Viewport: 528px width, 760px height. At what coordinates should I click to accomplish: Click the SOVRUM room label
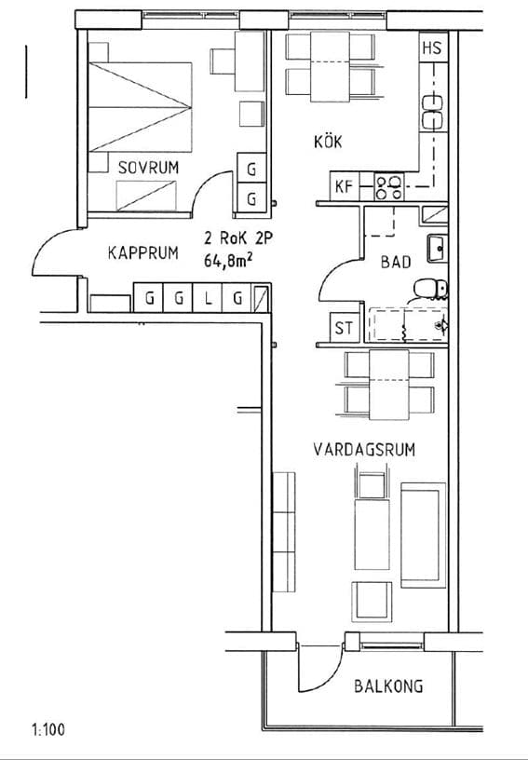click(x=148, y=167)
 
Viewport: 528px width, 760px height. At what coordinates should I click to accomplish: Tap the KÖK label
click(x=327, y=142)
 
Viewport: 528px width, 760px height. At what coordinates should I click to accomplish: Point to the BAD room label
click(x=396, y=263)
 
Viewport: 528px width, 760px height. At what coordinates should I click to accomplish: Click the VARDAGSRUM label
click(x=363, y=450)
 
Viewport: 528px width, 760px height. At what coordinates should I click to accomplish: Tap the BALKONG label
click(x=388, y=686)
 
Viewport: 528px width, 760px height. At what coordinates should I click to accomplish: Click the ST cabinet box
click(x=345, y=328)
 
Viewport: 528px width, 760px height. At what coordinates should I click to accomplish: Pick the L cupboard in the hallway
click(x=208, y=299)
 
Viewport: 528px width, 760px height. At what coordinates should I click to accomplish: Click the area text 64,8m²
click(x=227, y=262)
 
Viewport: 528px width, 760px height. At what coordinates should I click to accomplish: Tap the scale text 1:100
click(x=48, y=730)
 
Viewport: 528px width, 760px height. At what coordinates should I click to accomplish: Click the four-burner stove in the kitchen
click(x=388, y=187)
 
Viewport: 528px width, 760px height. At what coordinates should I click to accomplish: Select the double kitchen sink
click(x=433, y=111)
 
